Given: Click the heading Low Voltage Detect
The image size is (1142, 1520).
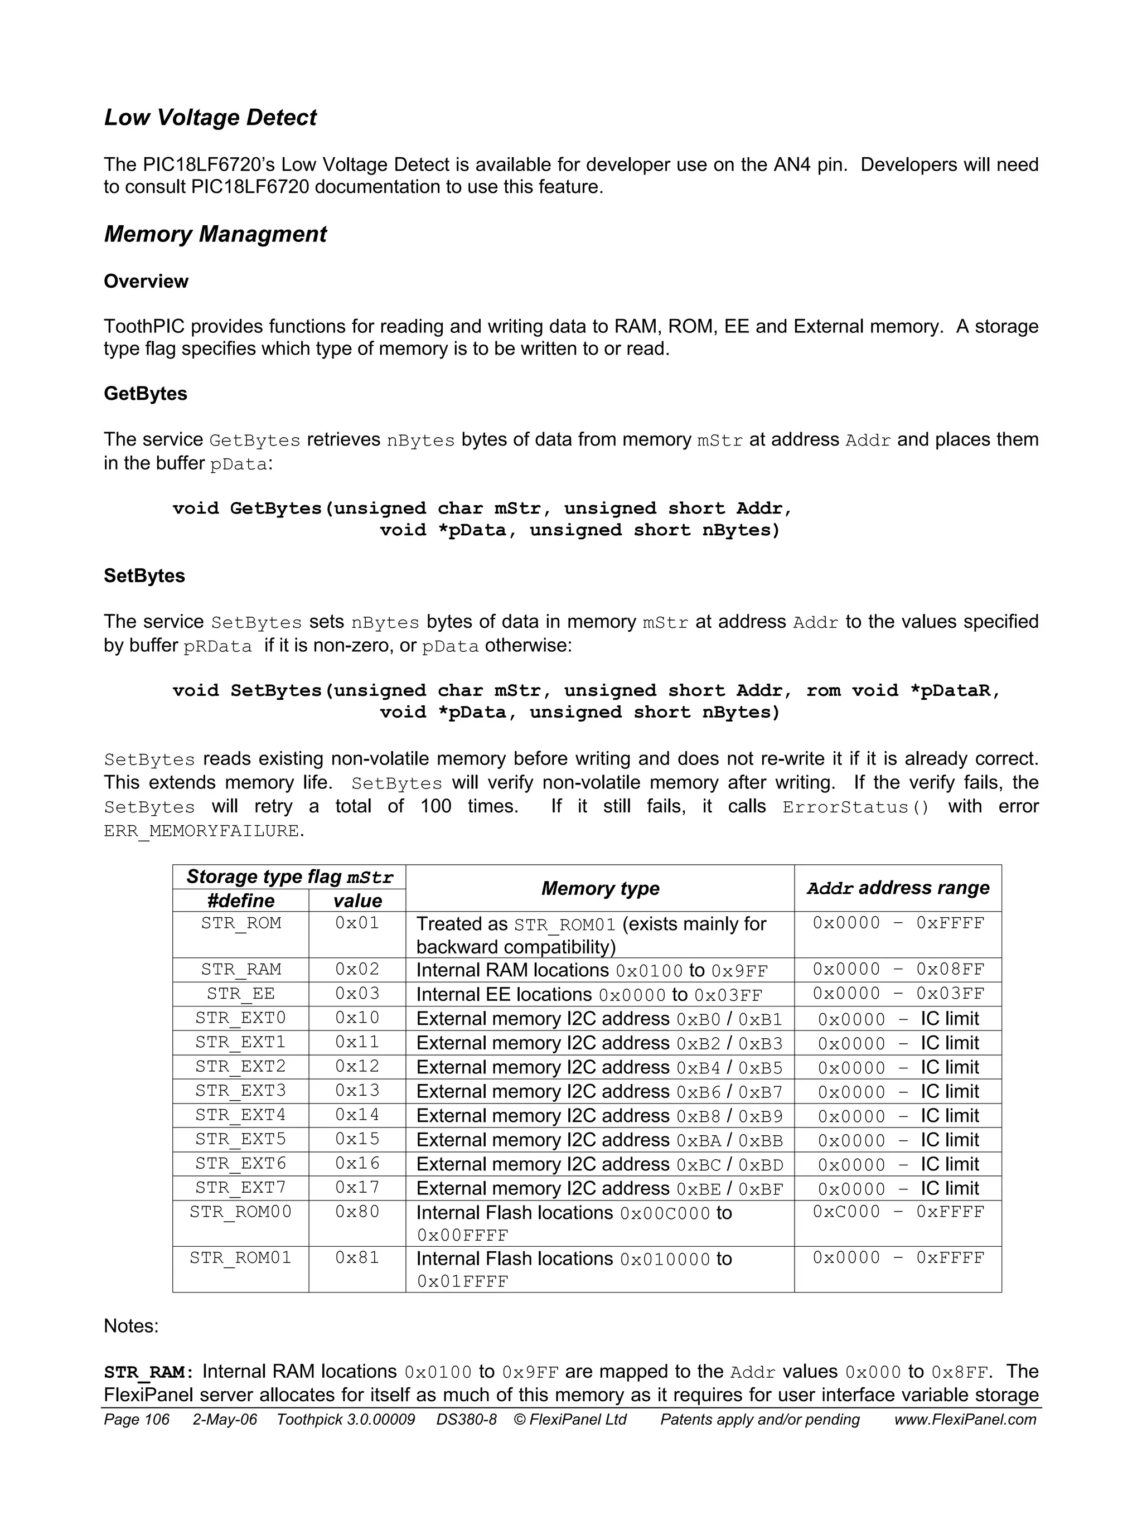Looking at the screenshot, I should point(210,118).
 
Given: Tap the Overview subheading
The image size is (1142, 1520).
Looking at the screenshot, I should point(146,281).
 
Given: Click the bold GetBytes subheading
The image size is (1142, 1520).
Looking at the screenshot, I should point(145,394).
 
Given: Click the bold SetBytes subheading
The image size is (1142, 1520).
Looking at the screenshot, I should point(144,576).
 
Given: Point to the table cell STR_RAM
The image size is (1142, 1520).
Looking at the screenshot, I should point(240,969).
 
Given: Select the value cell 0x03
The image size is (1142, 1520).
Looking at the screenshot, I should point(357,993).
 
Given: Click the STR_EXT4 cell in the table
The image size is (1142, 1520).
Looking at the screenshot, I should point(240,1115).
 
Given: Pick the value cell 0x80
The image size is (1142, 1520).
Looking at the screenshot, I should point(357,1212).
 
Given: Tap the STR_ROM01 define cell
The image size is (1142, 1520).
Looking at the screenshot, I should point(240,1257).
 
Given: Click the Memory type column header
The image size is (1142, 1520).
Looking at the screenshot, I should point(599,888).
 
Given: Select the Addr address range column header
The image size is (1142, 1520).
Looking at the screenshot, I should point(897,888).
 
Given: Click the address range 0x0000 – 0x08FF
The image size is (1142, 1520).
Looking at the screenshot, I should point(897,969).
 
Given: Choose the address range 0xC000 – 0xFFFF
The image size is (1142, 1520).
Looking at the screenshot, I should point(897,1212).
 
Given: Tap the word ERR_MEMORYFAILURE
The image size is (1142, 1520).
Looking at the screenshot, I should point(201,831).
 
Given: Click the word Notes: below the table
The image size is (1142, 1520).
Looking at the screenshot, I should point(130,1325).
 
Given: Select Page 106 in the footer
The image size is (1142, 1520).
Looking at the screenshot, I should point(136,1420).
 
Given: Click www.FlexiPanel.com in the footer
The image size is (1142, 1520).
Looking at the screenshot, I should point(965,1420).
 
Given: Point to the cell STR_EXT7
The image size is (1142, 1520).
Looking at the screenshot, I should point(240,1188).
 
